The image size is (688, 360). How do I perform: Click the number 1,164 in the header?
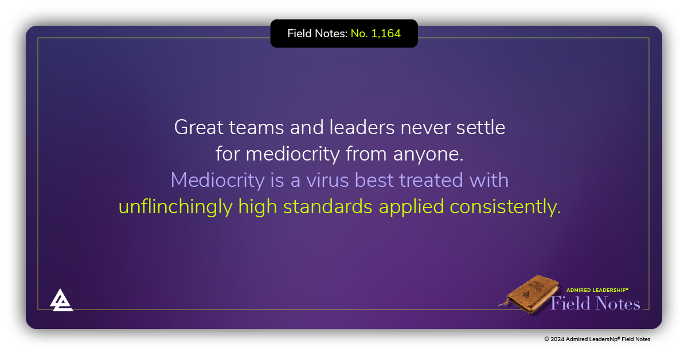(x=386, y=34)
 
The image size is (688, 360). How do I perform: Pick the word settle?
(x=480, y=127)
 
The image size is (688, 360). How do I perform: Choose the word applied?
(x=411, y=207)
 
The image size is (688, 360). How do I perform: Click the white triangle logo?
(x=61, y=300)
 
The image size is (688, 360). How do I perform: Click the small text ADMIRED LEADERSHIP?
(x=597, y=291)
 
